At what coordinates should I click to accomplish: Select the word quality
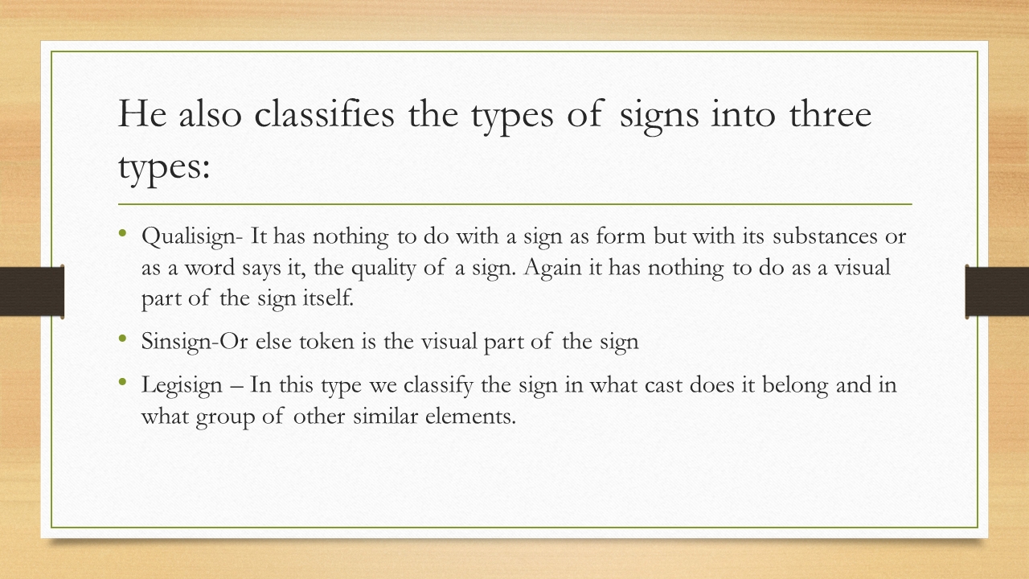pyautogui.click(x=387, y=268)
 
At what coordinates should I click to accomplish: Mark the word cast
pyautogui.click(x=664, y=384)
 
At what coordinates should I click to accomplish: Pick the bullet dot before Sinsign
pyautogui.click(x=123, y=339)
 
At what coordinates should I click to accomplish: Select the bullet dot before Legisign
pyautogui.click(x=123, y=381)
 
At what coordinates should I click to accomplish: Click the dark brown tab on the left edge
pyautogui.click(x=32, y=291)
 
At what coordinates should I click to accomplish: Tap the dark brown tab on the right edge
pyautogui.click(x=997, y=291)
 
